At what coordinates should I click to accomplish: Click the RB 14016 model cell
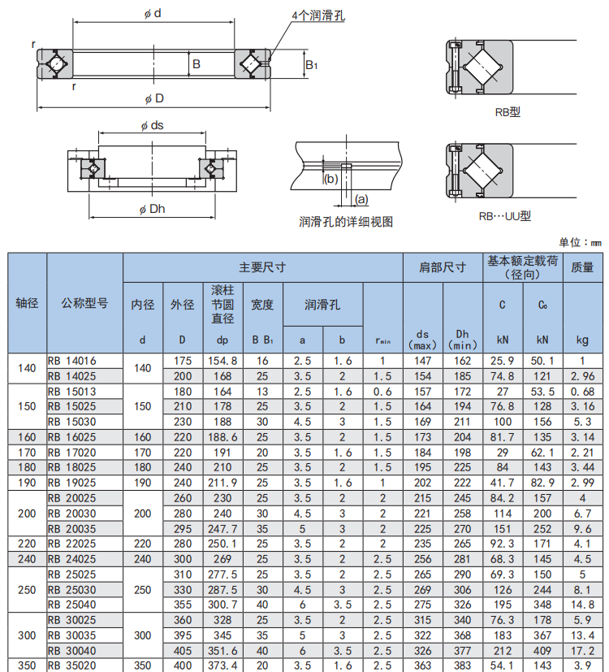[72, 361]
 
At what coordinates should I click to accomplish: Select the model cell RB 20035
[72, 529]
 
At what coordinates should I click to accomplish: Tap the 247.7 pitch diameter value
[222, 529]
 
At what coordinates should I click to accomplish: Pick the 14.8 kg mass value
[582, 605]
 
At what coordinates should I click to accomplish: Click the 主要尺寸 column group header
[262, 267]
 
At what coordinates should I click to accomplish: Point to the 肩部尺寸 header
[443, 267]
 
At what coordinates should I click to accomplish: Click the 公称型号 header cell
[84, 303]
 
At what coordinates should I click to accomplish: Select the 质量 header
[582, 267]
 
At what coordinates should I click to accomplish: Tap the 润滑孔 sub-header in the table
[322, 305]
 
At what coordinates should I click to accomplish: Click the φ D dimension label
[154, 98]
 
